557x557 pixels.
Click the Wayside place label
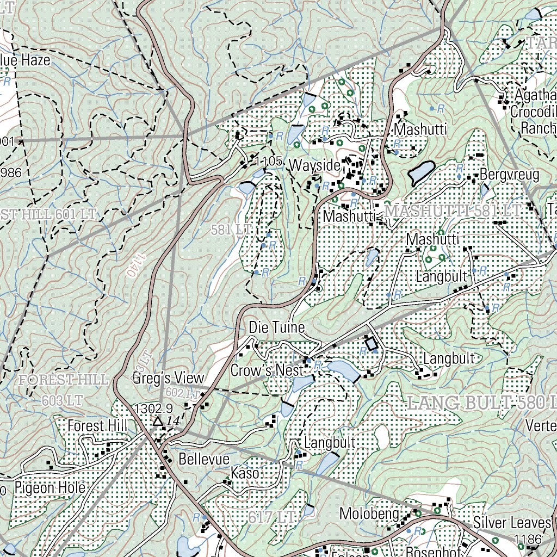point(314,165)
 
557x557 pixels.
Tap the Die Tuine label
point(276,328)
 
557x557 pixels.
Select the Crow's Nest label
point(267,370)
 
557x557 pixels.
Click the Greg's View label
point(168,378)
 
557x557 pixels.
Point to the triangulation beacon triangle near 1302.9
point(158,421)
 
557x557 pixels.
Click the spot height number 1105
point(268,161)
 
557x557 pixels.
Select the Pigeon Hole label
point(50,487)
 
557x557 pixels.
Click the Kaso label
point(245,473)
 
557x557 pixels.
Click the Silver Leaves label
point(512,523)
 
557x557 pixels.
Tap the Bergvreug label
point(509,175)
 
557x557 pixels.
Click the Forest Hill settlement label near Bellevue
point(97,426)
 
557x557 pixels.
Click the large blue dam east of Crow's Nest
point(341,369)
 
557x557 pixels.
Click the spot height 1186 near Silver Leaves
point(528,539)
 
